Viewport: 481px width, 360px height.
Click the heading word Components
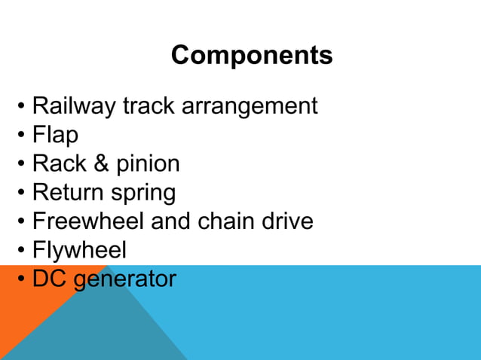251,55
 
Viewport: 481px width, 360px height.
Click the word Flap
55,135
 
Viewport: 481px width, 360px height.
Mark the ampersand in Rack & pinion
97,163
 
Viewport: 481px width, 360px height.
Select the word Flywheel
79,251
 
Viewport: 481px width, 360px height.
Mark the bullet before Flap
23,136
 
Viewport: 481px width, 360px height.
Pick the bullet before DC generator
23,279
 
